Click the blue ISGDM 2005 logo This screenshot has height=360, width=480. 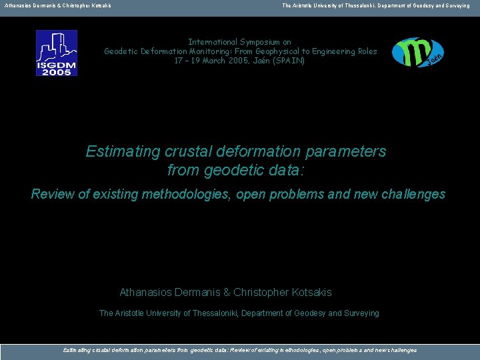point(57,53)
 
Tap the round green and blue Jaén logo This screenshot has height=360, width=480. point(417,53)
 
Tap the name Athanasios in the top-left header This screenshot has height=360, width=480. point(16,5)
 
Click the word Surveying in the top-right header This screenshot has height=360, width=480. point(455,5)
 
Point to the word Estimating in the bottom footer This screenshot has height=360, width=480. point(77,350)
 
